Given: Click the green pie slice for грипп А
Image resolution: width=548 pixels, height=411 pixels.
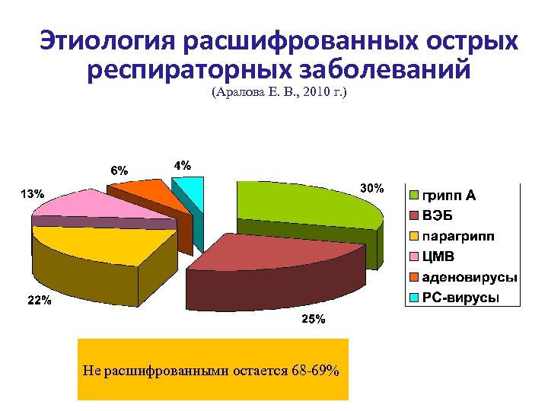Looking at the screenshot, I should pos(304,202).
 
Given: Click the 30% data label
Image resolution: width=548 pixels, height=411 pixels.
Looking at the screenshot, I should pos(372,187).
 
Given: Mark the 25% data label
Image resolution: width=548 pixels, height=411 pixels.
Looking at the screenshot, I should pos(314,319).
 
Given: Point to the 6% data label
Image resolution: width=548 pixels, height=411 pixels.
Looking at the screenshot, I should pos(119,170).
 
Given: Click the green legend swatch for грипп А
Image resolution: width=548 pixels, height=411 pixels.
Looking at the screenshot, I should pos(415,196).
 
